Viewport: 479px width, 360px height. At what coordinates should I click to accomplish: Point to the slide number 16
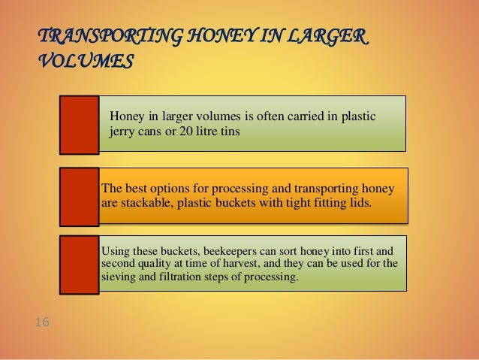pyautogui.click(x=42, y=322)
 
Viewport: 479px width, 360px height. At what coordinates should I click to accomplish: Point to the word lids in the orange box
pyautogui.click(x=358, y=203)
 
